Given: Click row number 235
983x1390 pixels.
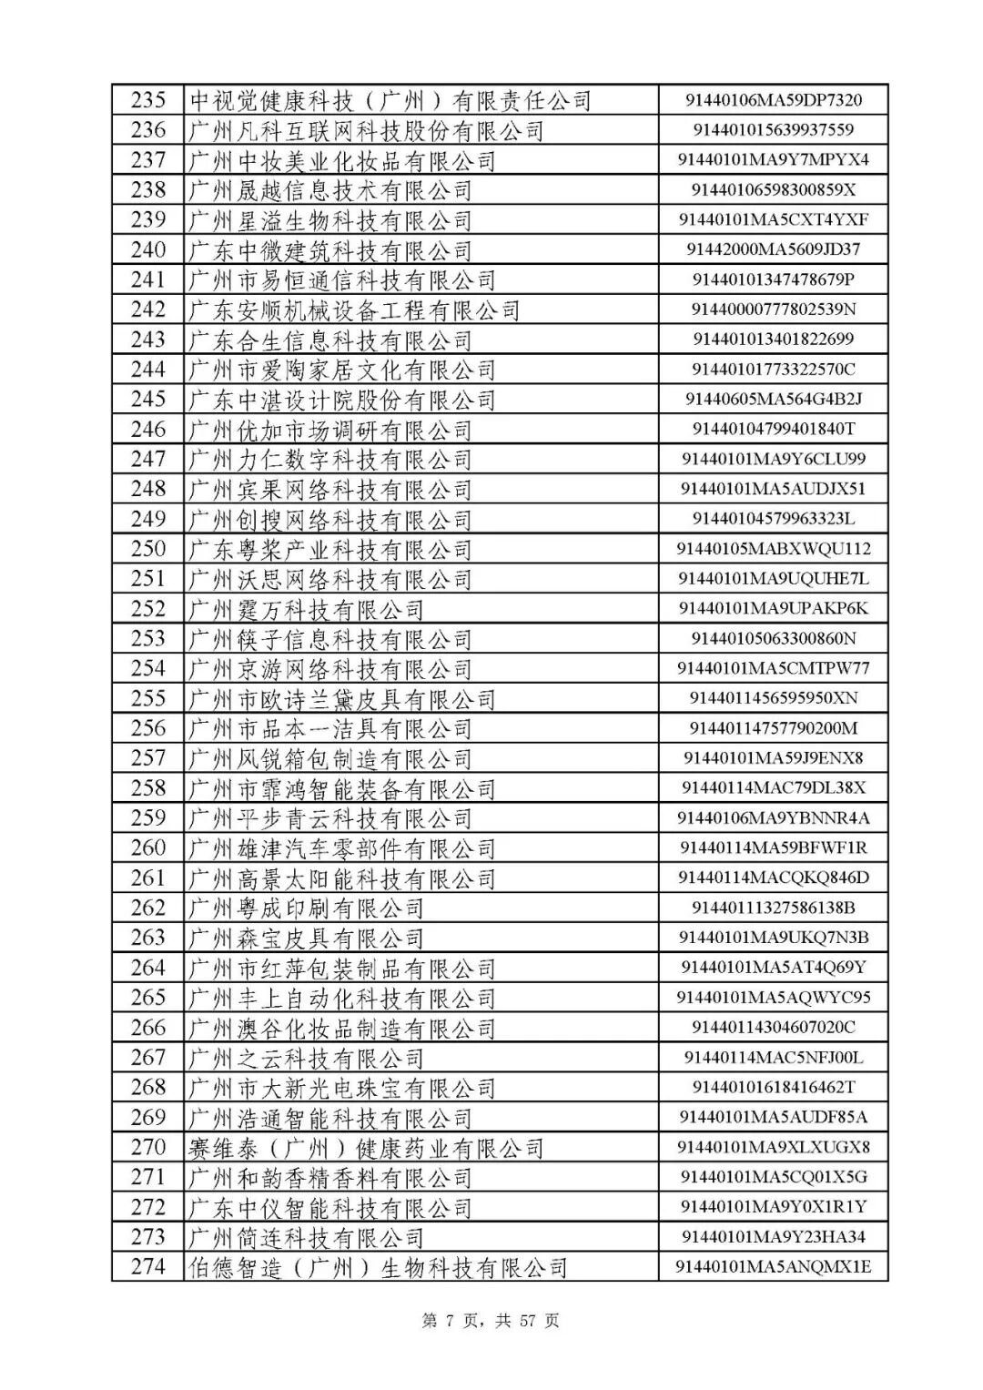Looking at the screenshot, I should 148,100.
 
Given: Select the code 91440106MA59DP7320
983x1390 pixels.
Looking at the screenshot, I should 773,100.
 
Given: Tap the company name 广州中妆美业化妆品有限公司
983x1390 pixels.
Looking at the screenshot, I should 341,160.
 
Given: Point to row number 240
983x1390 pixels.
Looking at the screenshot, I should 148,249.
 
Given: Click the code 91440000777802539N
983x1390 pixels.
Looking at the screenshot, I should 773,309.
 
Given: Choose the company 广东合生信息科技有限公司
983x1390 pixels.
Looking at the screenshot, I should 329,340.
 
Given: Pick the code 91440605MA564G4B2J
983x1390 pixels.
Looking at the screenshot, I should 773,399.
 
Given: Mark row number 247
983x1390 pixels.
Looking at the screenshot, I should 148,459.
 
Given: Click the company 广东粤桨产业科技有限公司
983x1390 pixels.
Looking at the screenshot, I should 329,549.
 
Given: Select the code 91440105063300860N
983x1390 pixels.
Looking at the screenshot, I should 773,638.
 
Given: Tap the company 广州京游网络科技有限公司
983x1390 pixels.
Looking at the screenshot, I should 329,668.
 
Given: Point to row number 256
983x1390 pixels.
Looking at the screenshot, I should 148,728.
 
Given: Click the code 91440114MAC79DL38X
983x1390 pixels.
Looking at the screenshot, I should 773,788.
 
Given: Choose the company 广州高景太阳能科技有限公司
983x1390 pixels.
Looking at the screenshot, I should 341,878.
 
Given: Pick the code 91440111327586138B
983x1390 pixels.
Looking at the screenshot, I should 773,908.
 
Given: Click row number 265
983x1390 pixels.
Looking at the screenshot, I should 148,998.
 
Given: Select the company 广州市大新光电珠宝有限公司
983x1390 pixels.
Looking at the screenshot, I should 341,1087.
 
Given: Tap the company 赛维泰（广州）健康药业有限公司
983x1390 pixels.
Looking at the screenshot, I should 365,1147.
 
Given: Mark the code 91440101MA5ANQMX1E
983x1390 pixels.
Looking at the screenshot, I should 773,1266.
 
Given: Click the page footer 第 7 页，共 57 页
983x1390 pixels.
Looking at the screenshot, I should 491,1321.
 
